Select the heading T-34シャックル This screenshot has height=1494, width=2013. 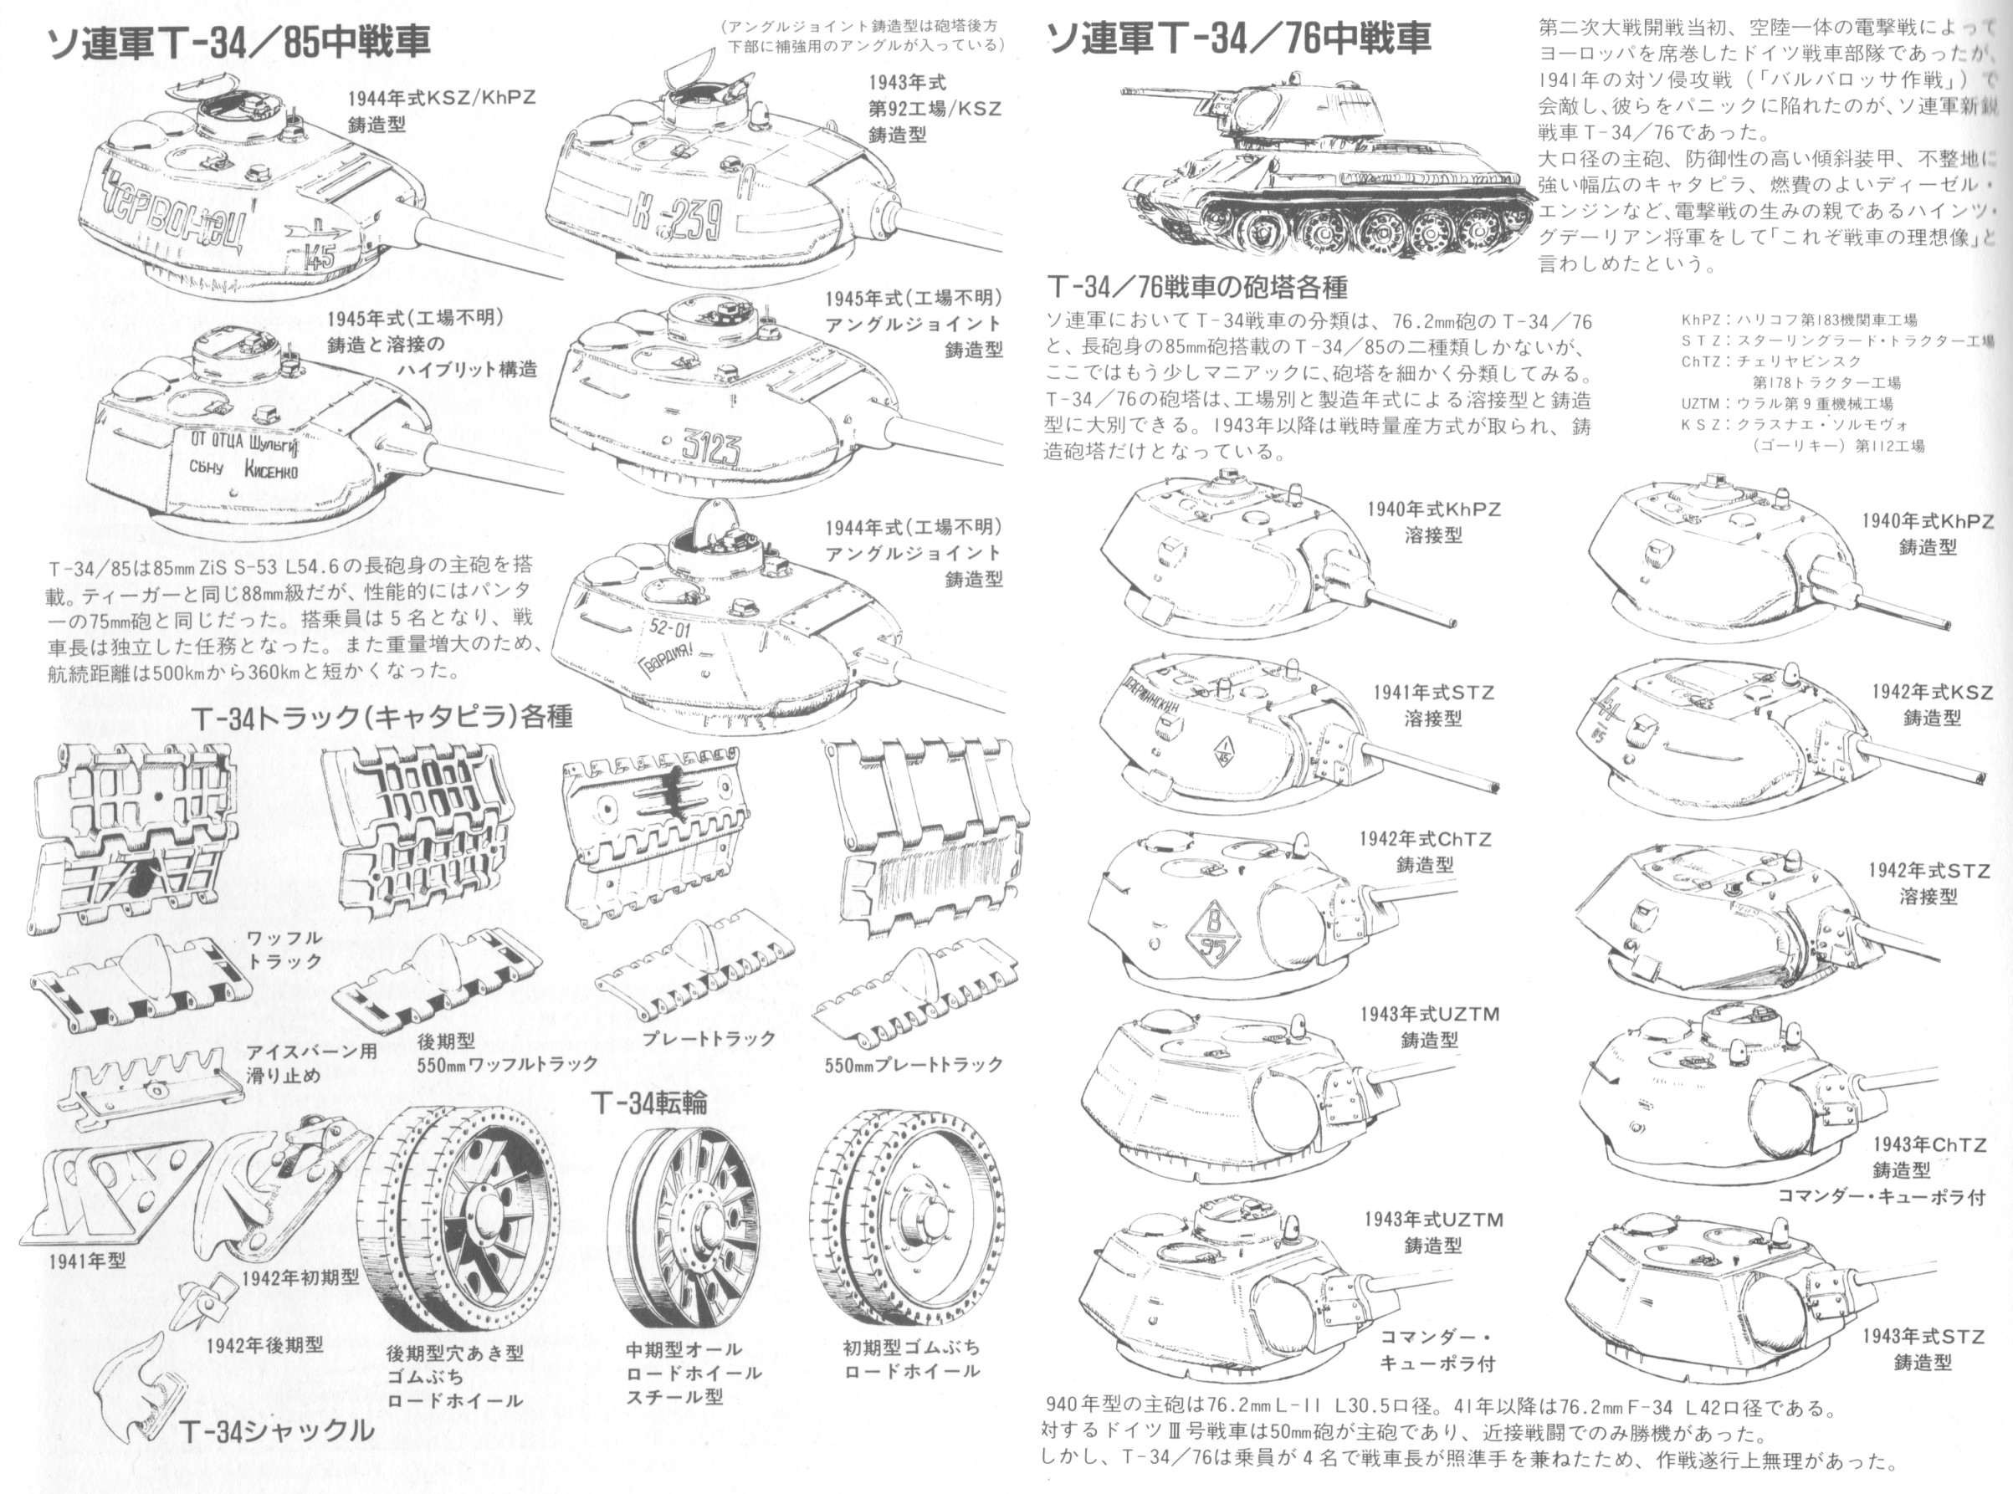pos(276,1430)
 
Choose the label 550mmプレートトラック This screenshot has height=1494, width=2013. pos(914,1064)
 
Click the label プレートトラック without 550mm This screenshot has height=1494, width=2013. pos(709,1038)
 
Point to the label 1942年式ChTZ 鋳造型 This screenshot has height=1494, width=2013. pos(1425,851)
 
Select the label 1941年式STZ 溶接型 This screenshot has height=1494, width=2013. pos(1433,705)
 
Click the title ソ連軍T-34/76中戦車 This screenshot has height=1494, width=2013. pos(1238,38)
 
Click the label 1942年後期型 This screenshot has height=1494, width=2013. pos(265,1345)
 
